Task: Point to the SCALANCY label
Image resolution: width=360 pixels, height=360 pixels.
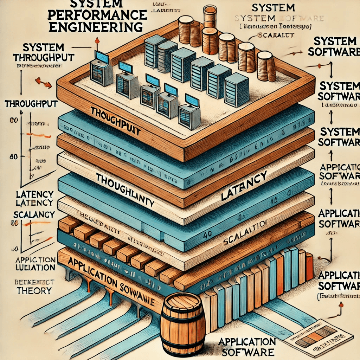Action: [x=34, y=214]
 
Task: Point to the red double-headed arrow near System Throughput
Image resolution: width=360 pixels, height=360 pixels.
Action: [x=43, y=83]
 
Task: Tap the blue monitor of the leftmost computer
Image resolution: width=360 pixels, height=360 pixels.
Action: [x=102, y=56]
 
